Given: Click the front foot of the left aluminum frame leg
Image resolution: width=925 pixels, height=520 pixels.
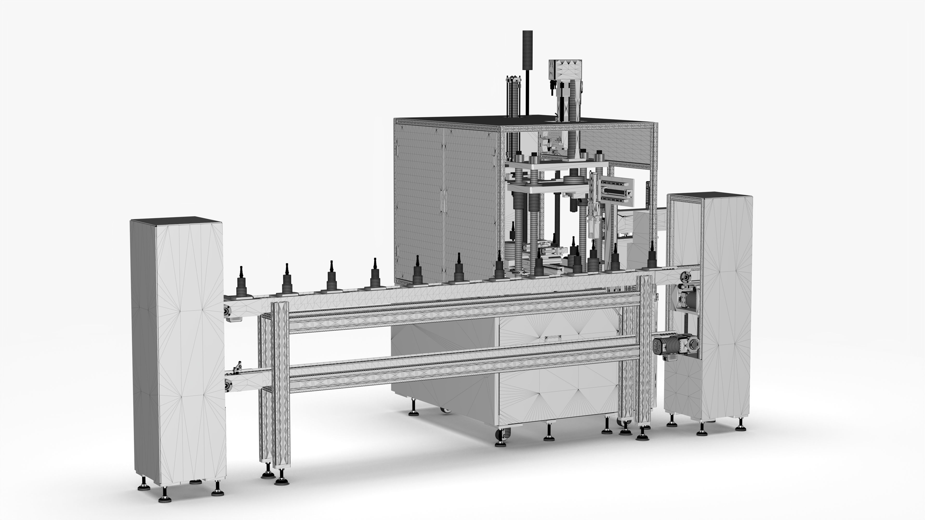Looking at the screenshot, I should tap(282, 481).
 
